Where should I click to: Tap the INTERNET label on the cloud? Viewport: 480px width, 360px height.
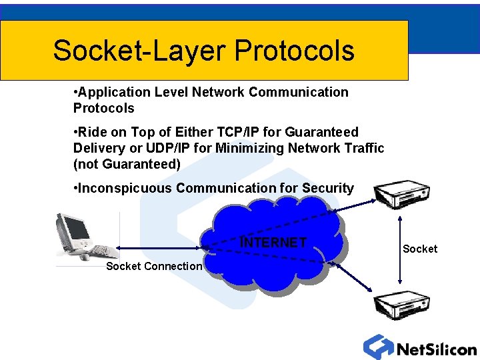point(273,243)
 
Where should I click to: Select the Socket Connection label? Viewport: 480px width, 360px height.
point(154,267)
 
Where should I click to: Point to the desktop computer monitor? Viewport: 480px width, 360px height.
point(75,230)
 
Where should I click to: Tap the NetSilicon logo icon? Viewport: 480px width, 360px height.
point(379,346)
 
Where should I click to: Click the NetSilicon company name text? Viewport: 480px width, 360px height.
point(437,349)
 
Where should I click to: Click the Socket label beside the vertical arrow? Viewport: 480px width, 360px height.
point(419,249)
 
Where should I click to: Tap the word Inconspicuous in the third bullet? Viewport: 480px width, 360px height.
point(125,189)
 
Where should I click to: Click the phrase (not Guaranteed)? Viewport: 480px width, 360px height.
point(127,163)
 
